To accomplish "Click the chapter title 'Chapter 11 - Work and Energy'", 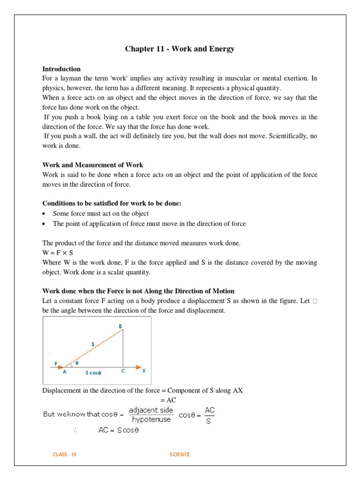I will [180, 49].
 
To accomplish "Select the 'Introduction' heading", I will [61, 69].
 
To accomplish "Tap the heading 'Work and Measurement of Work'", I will [93, 165].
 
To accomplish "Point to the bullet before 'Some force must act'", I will [45, 214].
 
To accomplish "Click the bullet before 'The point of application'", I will [45, 224].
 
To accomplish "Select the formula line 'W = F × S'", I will [59, 253].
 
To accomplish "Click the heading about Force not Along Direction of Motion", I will [138, 291].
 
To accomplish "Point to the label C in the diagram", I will [122, 370].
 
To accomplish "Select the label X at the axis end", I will [144, 370].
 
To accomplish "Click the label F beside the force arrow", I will [55, 363].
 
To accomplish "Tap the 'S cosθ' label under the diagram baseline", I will [93, 373].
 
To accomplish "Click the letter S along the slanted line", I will [92, 344].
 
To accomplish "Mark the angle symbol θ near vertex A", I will [77, 363].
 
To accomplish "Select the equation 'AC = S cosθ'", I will [119, 430].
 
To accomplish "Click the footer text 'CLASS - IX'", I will [65, 454].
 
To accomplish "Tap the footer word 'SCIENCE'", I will [180, 454].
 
